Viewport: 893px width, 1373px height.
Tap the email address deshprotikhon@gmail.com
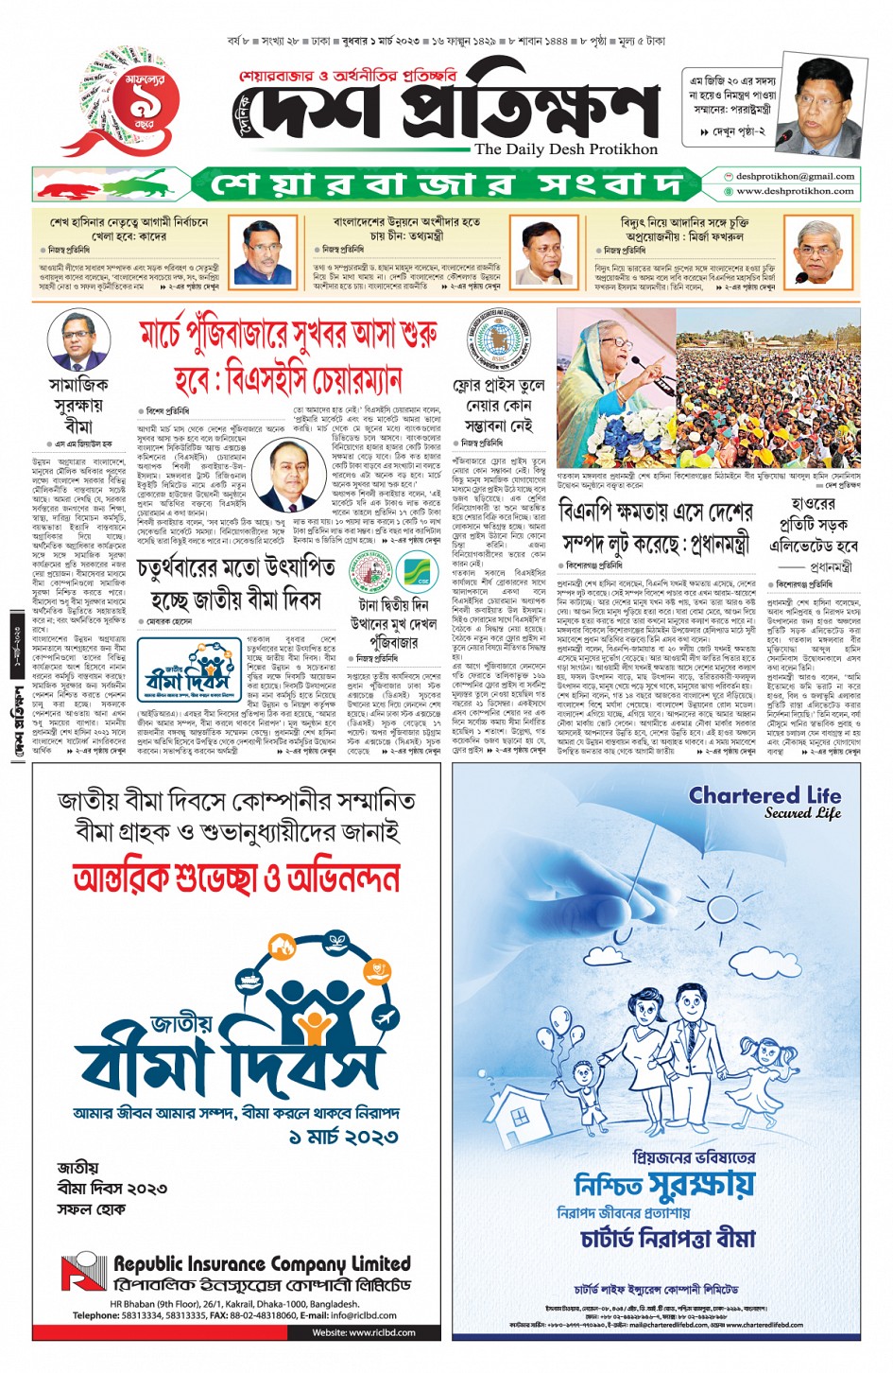click(x=795, y=176)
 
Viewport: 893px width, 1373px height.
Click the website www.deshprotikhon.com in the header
click(x=795, y=191)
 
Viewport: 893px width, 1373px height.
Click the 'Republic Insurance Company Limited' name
click(x=262, y=1264)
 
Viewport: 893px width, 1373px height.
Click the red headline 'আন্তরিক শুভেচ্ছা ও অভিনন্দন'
click(x=236, y=878)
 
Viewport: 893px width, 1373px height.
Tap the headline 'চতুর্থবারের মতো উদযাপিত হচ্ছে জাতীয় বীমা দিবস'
click(x=236, y=583)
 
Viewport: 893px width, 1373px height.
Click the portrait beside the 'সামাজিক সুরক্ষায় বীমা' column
click(x=78, y=339)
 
